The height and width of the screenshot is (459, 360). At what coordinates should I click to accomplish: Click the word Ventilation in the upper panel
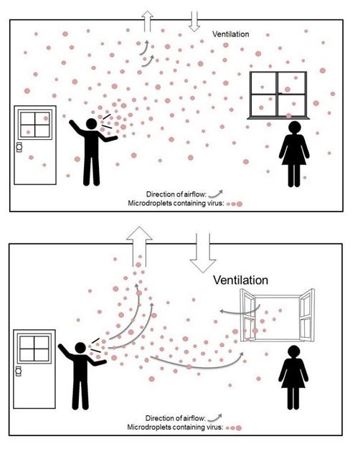tap(231, 34)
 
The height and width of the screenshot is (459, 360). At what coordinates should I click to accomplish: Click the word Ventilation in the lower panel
tap(240, 280)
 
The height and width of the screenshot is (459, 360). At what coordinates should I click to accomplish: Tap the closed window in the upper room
tap(278, 95)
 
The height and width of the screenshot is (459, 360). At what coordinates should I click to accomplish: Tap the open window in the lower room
tap(277, 316)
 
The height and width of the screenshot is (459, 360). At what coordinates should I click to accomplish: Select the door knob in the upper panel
tap(19, 147)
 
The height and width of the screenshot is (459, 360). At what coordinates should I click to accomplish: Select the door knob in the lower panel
tap(19, 372)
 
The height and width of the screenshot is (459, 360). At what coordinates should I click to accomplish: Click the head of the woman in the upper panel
tap(294, 128)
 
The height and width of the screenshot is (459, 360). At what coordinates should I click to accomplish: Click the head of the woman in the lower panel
tap(293, 351)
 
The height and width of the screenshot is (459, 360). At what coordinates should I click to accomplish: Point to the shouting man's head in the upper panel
tap(91, 124)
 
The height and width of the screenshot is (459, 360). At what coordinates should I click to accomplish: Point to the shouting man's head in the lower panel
tap(80, 348)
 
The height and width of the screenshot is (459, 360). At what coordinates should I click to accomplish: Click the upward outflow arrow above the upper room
tap(147, 22)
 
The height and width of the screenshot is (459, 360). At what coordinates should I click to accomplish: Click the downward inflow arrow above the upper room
tap(194, 22)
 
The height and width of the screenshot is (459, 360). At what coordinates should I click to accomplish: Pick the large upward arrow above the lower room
tap(139, 247)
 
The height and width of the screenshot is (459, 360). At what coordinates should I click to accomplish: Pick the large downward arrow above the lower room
tap(203, 252)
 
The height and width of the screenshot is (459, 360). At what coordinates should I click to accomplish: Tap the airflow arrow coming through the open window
tap(240, 311)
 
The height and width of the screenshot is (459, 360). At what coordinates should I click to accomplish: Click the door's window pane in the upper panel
tap(35, 124)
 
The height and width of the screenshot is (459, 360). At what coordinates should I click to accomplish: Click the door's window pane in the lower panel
tap(34, 349)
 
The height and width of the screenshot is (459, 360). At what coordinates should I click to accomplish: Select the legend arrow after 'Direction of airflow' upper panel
tap(216, 194)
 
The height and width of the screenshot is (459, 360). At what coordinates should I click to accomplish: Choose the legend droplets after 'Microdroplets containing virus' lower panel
tap(235, 428)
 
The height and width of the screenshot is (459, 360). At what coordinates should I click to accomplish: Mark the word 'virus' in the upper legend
tap(216, 203)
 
